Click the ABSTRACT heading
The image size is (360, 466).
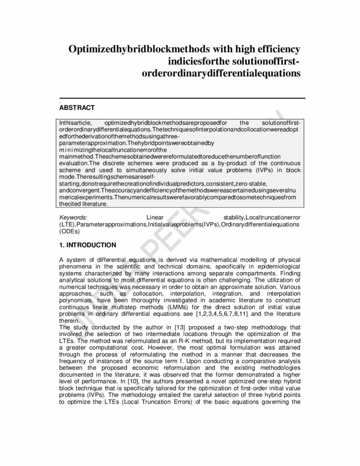pos(77,108)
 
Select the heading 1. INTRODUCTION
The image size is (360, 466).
pos(88,245)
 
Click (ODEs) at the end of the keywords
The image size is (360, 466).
pos(70,231)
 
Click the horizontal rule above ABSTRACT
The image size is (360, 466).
pos(182,98)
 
